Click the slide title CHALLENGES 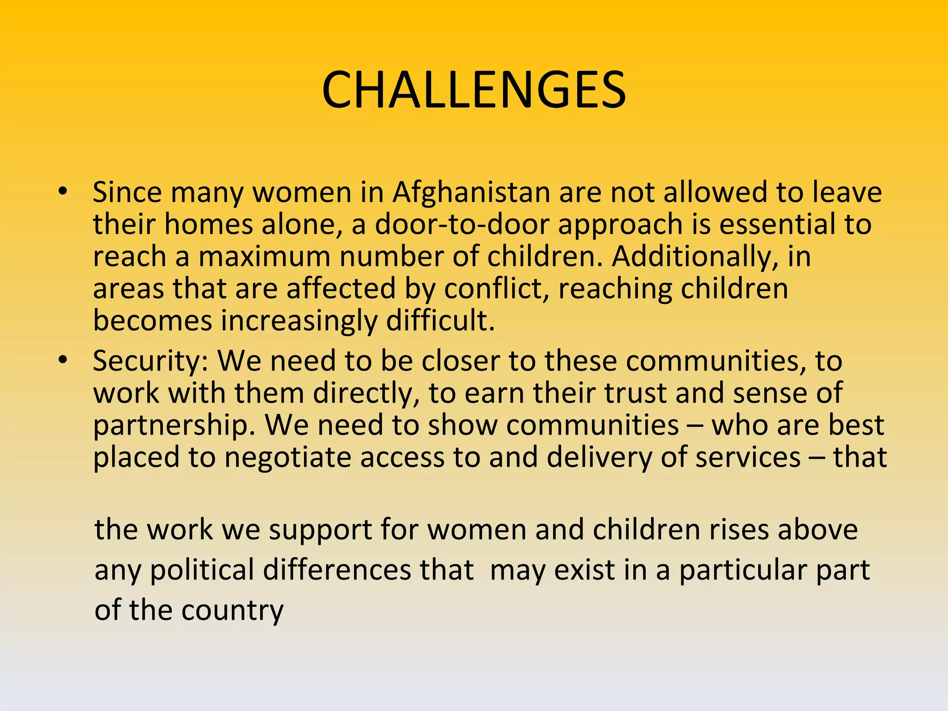click(474, 90)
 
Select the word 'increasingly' click(299, 321)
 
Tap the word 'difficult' click(440, 321)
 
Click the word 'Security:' click(150, 361)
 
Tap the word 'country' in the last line click(232, 611)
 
